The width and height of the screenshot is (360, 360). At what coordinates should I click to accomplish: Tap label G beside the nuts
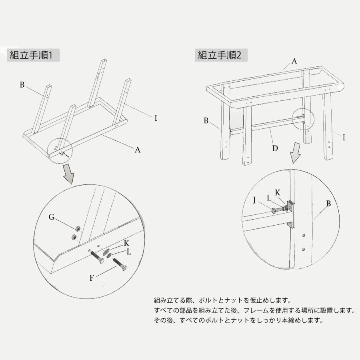click(x=52, y=217)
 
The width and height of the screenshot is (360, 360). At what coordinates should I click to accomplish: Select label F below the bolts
click(x=92, y=277)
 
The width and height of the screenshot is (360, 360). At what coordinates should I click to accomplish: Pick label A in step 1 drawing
click(x=138, y=150)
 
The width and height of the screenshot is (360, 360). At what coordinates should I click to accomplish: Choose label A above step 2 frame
click(x=294, y=61)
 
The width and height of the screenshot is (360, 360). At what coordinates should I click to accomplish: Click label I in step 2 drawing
click(x=344, y=137)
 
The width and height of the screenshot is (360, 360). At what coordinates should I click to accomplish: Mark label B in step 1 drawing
click(x=22, y=84)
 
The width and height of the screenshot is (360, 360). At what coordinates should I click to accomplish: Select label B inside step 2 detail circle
click(x=328, y=204)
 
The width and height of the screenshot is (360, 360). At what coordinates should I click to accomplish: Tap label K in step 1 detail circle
click(x=126, y=243)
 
